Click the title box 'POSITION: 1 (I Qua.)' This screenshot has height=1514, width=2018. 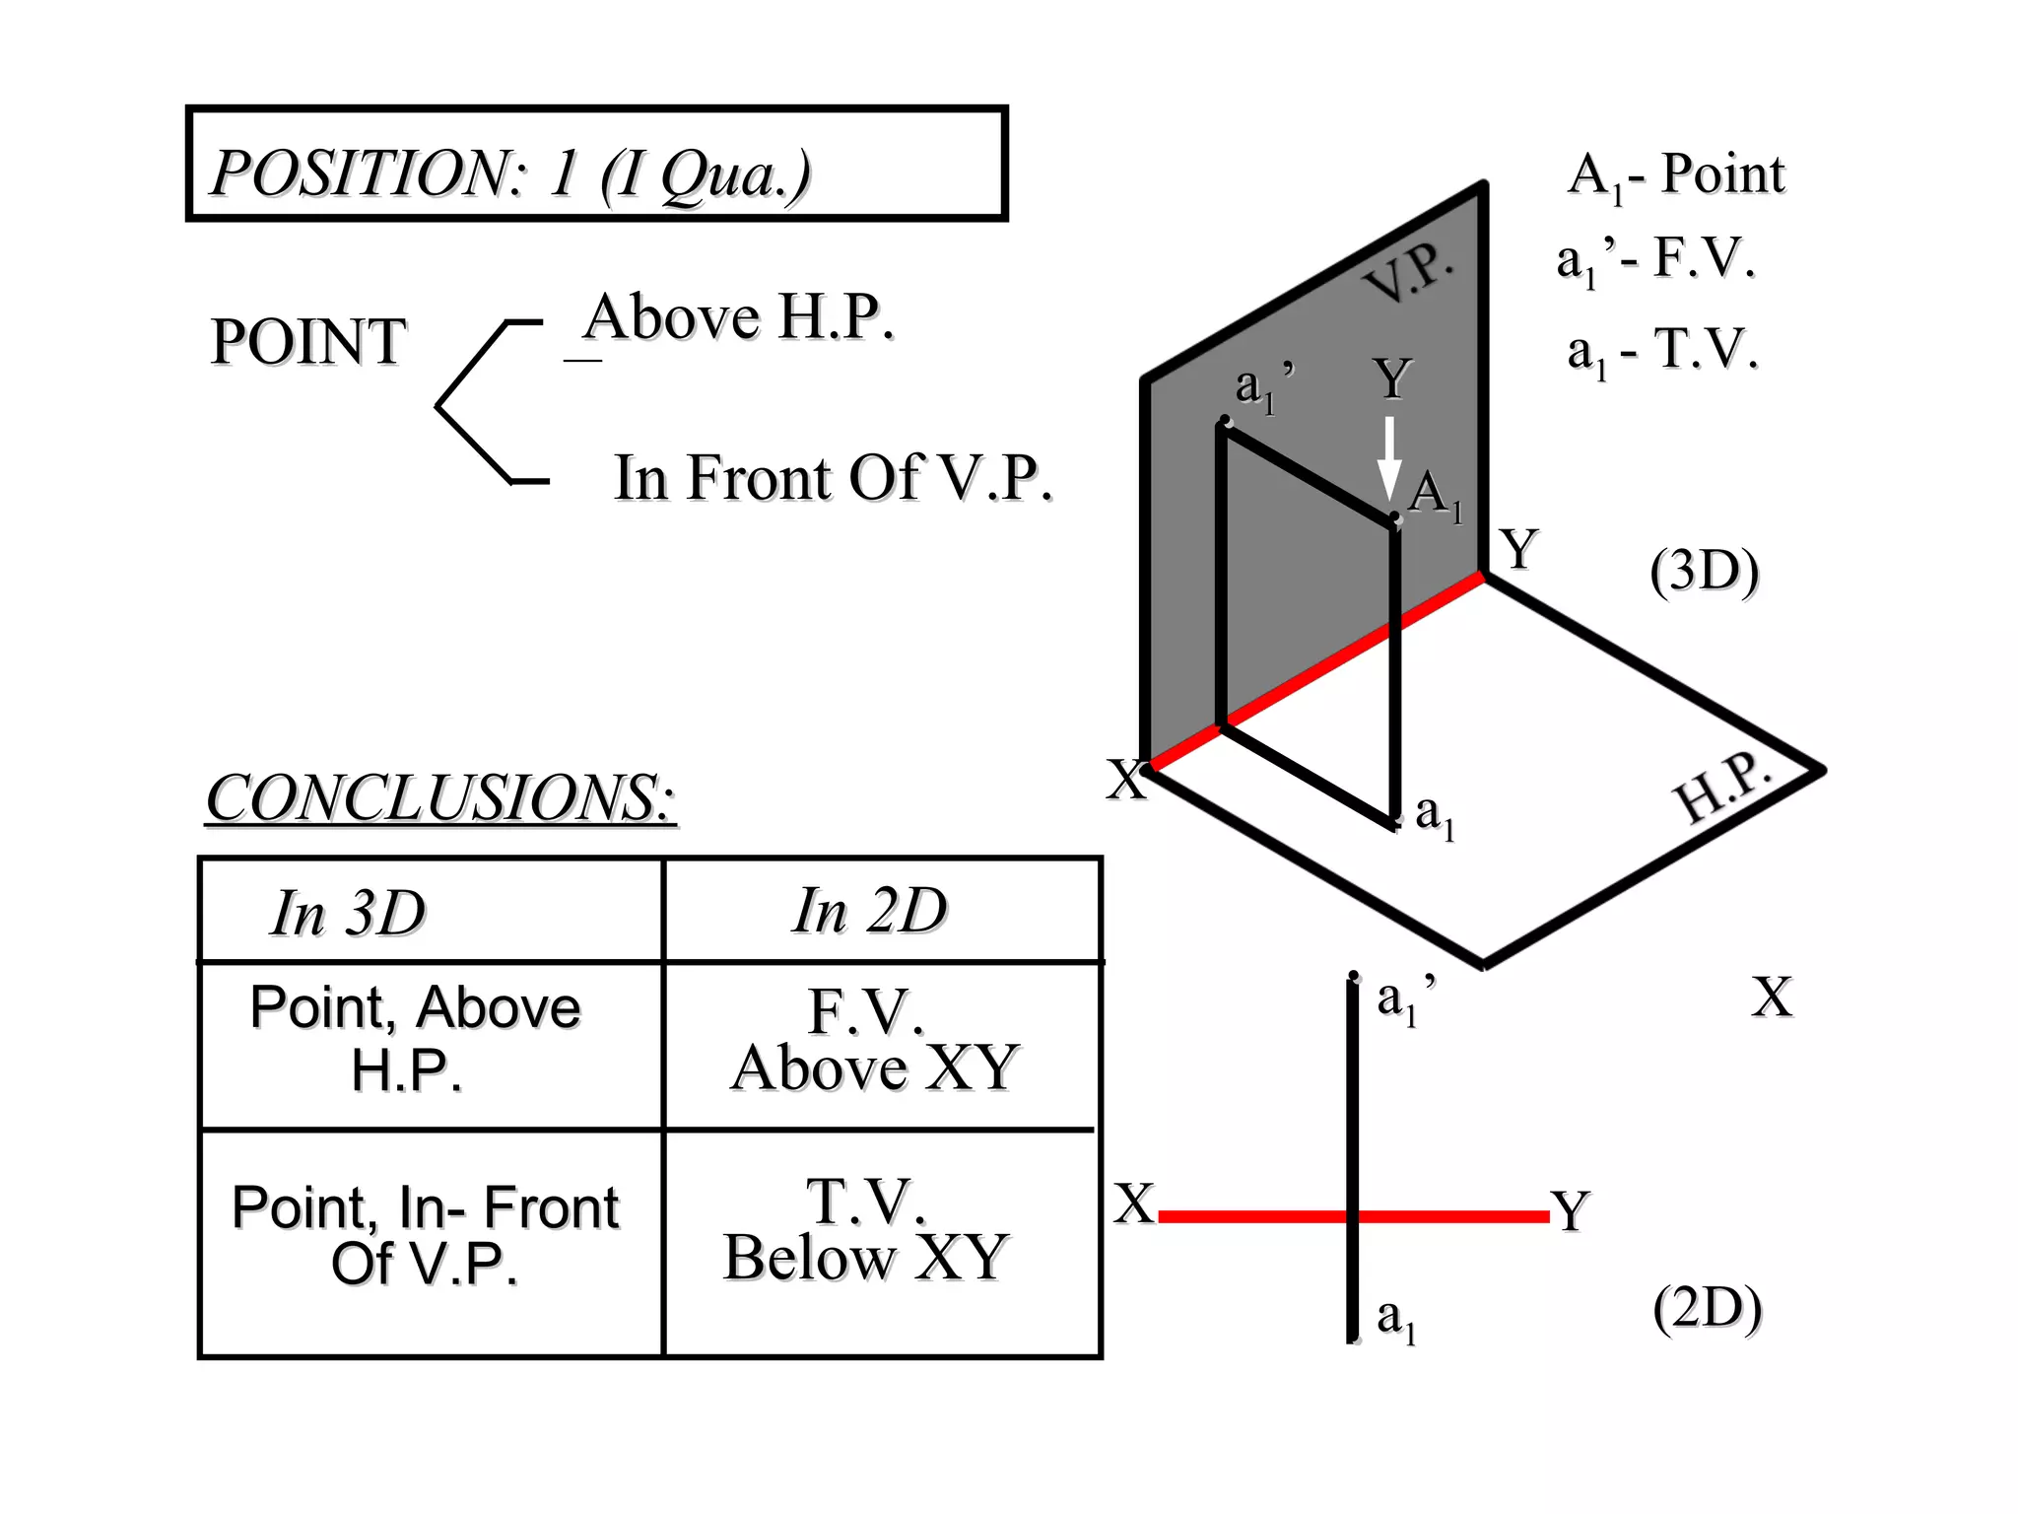596,164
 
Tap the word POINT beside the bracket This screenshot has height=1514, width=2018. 308,342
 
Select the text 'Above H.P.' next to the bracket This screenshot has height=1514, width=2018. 739,317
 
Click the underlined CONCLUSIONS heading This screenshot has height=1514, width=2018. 440,797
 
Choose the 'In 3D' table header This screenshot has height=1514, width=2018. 349,913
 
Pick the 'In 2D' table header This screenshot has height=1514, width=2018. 869,910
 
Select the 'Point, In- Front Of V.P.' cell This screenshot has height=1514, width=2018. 426,1235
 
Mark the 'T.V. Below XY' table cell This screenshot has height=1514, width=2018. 867,1230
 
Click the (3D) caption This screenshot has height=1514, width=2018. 1705,571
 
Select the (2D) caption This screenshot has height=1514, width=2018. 1707,1309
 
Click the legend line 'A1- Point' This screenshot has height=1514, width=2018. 1675,175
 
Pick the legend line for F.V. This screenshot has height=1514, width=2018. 1655,259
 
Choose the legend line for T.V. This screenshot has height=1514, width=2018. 1662,350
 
